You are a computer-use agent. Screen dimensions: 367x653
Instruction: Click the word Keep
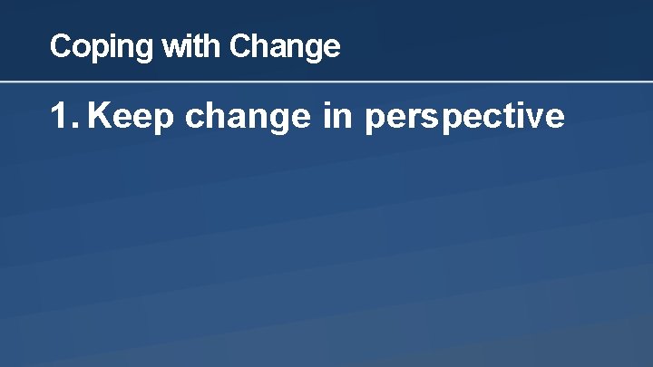pos(132,117)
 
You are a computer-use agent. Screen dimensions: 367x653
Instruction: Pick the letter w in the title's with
pos(173,45)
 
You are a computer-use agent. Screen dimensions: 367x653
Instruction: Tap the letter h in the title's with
pos(214,45)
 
